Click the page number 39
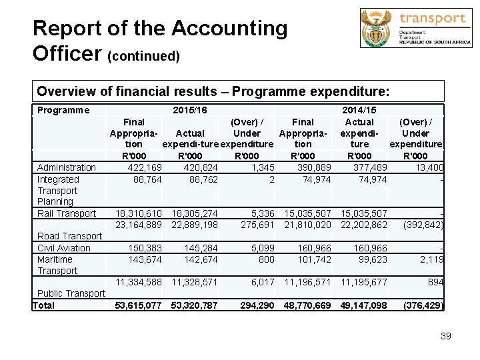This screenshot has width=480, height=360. pos(445,336)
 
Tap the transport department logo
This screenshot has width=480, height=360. pos(415,28)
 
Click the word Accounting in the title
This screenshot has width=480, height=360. pos(229,29)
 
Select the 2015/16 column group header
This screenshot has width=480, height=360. pos(189,110)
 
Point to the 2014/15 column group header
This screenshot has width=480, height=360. pos(359,110)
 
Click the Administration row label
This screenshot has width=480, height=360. pos(67,167)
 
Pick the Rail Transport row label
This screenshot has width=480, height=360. pos(67,213)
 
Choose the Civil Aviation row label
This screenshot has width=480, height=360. pos(64,248)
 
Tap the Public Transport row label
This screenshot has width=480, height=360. pos(71,293)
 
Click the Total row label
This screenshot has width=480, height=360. pos(44,305)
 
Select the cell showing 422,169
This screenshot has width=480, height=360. pos(144,167)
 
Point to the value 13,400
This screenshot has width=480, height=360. pos(428,167)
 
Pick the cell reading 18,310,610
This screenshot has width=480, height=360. pos(139,213)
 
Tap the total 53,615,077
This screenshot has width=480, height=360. pos(139,305)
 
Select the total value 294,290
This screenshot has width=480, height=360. pos(257,305)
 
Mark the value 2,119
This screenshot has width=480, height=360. pos(432,259)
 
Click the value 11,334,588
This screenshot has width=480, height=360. pos(139,282)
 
